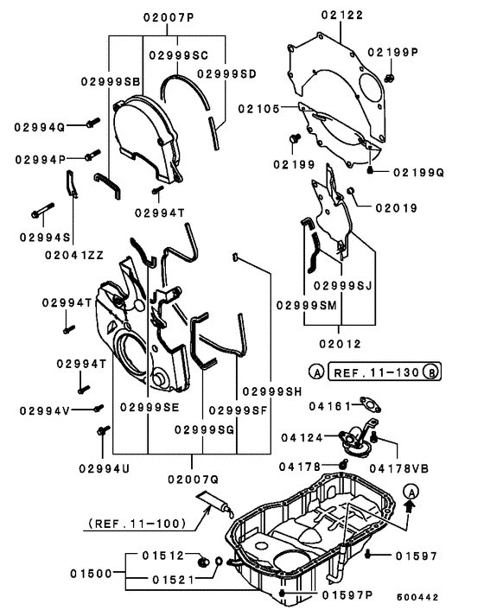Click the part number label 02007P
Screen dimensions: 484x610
coord(169,17)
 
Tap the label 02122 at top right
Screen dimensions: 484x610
coord(342,16)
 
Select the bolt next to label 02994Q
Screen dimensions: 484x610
coord(92,123)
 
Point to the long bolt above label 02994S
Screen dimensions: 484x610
coord(42,210)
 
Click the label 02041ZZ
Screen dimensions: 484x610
coord(74,255)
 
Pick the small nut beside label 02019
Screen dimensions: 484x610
coord(350,190)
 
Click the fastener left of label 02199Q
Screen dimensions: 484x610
coord(371,169)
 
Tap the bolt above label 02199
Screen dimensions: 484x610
coord(295,138)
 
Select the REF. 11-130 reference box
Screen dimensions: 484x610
coord(385,372)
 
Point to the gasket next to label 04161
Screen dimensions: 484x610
coord(370,404)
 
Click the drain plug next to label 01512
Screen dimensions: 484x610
coord(203,562)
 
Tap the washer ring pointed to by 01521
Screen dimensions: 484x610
coord(219,562)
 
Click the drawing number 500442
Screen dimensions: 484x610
coord(417,597)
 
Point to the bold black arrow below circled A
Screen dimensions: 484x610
coord(411,505)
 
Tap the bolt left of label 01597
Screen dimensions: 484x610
coord(367,555)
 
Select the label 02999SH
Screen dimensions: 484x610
coord(272,391)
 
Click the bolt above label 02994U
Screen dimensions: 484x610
coord(103,430)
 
